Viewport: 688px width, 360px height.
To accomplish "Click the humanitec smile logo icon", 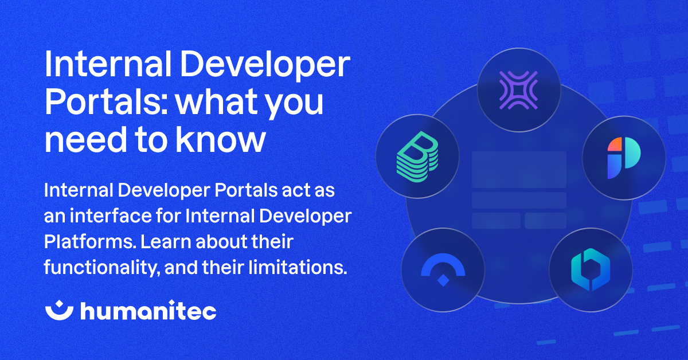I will click(59, 311).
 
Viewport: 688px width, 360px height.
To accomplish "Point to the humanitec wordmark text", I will click(148, 311).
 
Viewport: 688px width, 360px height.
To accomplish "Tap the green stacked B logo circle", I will click(417, 156).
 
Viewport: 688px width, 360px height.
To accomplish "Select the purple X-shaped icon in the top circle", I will click(518, 90).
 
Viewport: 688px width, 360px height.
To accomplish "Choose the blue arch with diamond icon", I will click(443, 269).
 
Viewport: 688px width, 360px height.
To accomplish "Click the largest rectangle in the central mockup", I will click(519, 169).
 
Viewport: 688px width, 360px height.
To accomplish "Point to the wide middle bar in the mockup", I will click(519, 200).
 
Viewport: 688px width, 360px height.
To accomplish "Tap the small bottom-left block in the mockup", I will click(496, 221).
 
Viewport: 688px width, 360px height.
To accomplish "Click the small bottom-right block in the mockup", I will click(545, 221).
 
